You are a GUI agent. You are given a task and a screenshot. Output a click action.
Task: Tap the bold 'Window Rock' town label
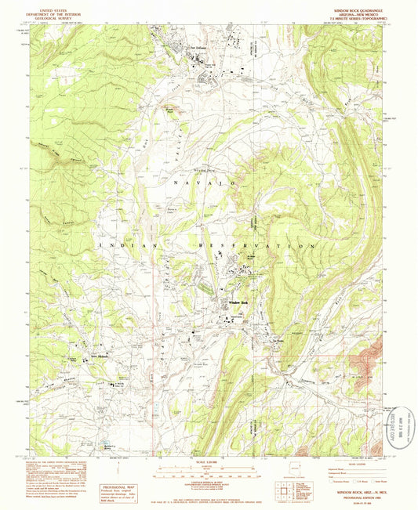[238, 303]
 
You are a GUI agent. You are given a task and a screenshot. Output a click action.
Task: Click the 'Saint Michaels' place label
[97, 357]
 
